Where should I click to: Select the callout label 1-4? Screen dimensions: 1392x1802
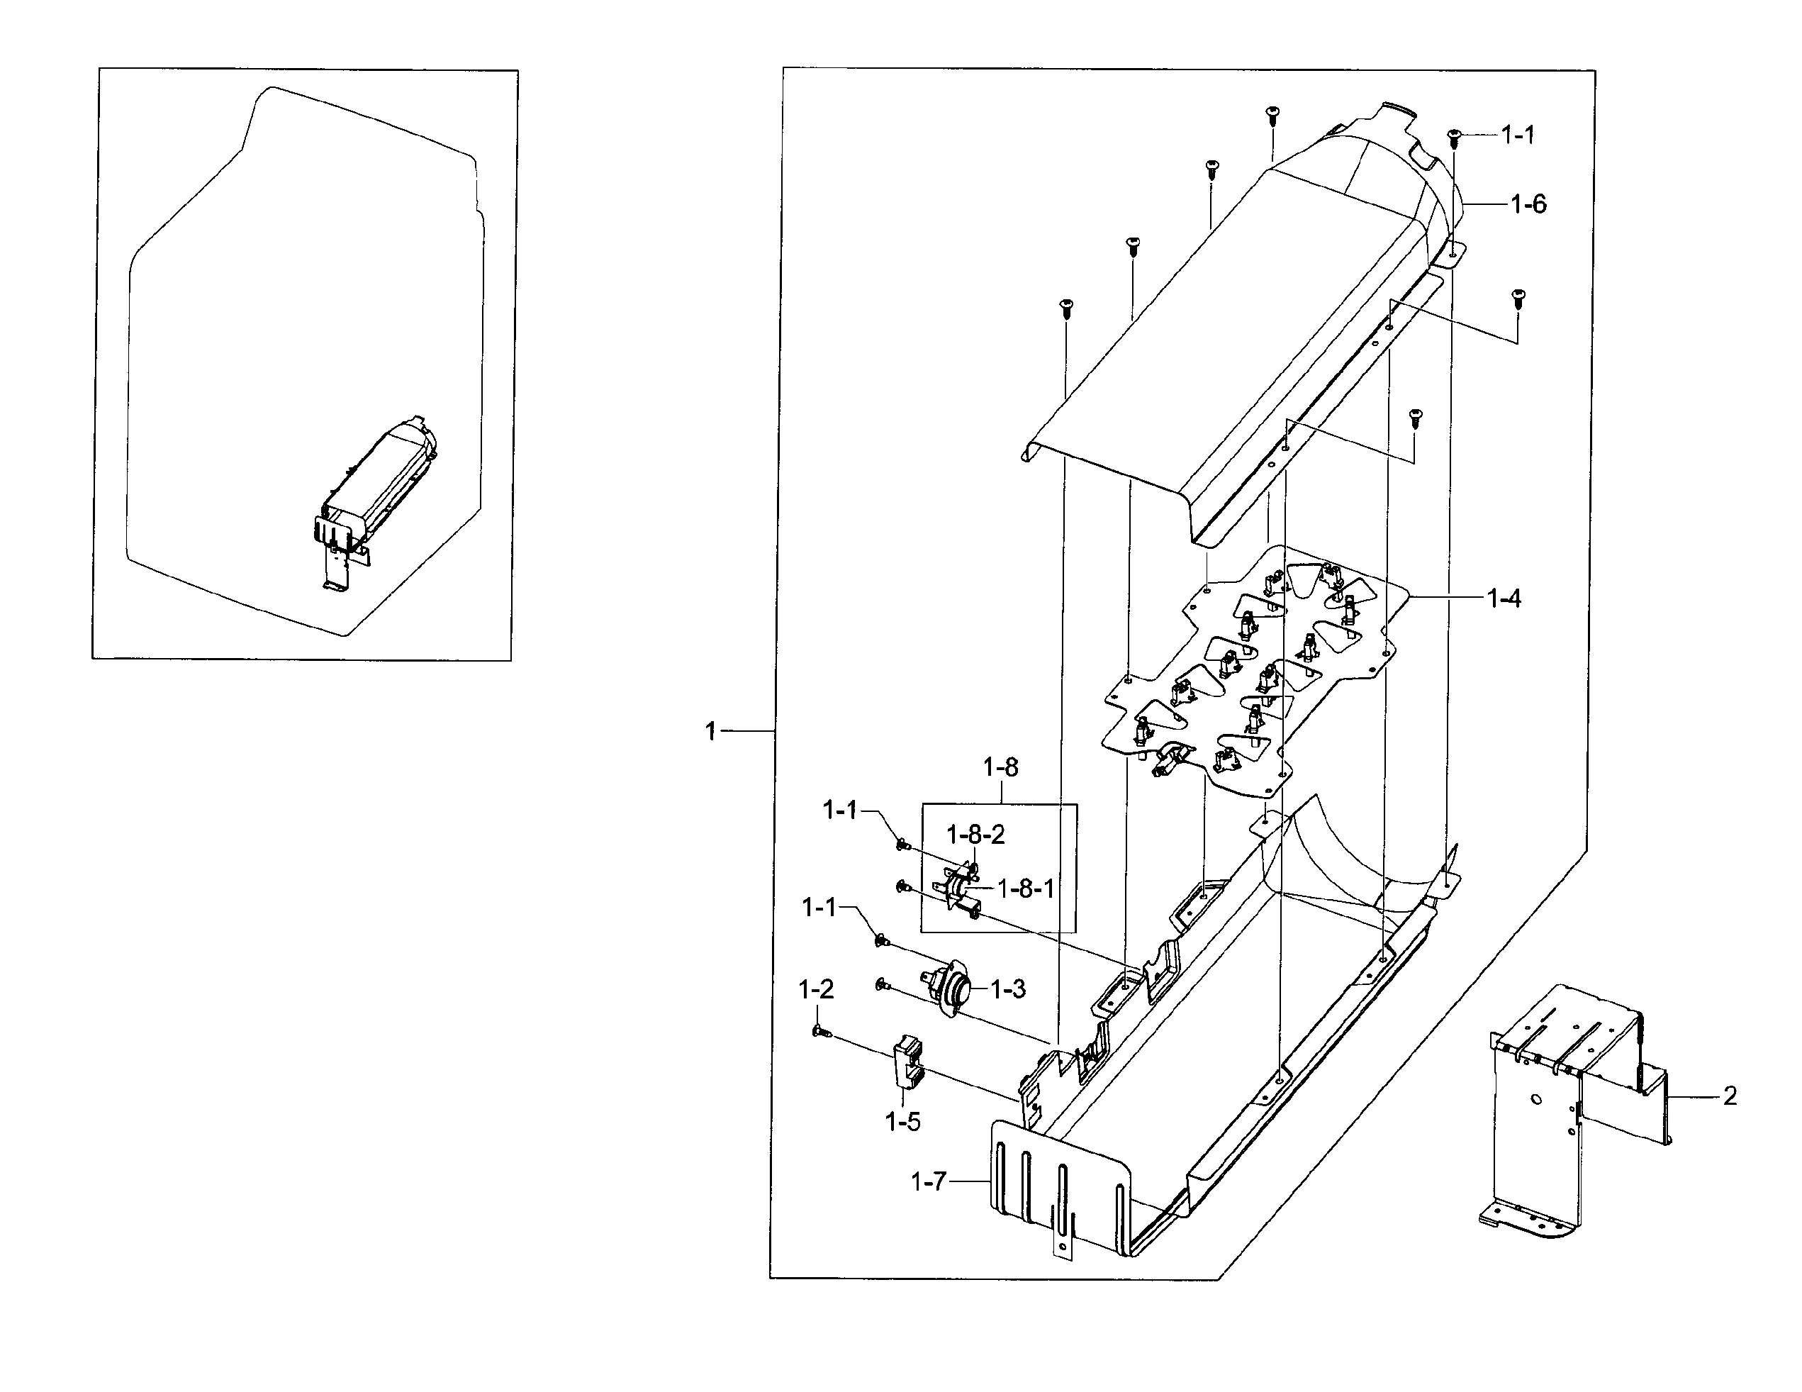pos(1504,598)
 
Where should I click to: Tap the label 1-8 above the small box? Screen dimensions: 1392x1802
pos(1000,767)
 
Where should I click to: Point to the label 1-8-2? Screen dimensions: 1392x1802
pos(975,835)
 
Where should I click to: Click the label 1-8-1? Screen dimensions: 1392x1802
pos(1026,889)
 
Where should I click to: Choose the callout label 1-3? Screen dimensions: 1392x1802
pos(1007,989)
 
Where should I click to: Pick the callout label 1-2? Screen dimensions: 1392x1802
pos(816,989)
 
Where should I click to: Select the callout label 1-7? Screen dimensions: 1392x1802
pos(928,1182)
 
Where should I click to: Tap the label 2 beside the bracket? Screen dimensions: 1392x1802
pos(1730,1096)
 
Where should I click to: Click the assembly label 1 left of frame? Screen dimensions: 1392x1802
pos(710,731)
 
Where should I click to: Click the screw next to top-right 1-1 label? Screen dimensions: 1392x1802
pos(1455,138)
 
